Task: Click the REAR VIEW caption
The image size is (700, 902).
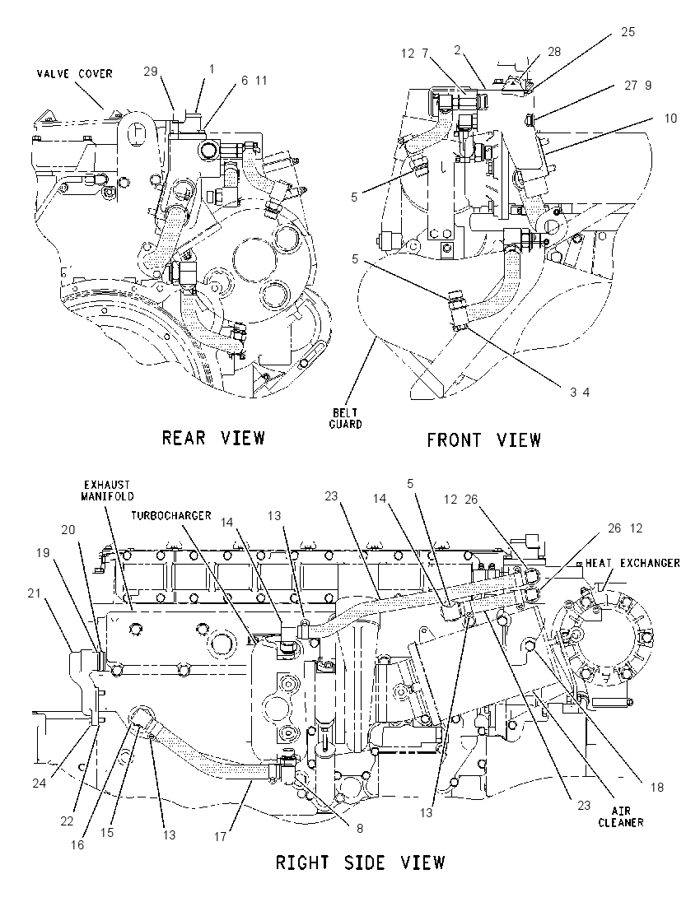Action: (x=213, y=438)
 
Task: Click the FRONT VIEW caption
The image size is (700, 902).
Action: (x=483, y=440)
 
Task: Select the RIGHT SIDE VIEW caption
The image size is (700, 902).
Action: (x=361, y=862)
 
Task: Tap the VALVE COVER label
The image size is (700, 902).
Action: (x=75, y=73)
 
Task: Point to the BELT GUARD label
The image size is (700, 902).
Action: (x=346, y=418)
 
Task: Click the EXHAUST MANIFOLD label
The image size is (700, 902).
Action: (x=107, y=491)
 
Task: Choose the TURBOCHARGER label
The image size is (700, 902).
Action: (x=171, y=515)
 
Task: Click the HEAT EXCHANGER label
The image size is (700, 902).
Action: (x=632, y=563)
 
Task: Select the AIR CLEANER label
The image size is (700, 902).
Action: (x=621, y=817)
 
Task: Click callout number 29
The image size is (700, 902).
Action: (x=150, y=71)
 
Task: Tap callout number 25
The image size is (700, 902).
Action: (x=628, y=32)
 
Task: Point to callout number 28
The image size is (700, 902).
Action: (x=553, y=52)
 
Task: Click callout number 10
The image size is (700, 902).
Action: (x=670, y=118)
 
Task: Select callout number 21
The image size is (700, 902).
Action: (x=35, y=593)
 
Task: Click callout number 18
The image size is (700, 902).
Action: (x=657, y=787)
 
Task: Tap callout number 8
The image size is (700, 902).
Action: (x=360, y=829)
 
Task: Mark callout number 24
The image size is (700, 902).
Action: (x=40, y=783)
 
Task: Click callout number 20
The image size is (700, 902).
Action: (x=68, y=529)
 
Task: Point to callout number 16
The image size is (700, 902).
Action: (x=77, y=844)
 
